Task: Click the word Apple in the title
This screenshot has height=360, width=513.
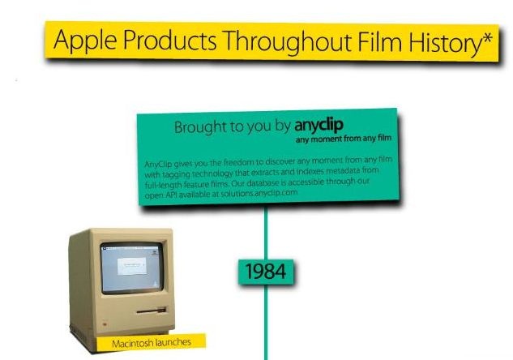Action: pyautogui.click(x=85, y=41)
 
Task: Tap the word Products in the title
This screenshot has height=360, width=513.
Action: pyautogui.click(x=170, y=41)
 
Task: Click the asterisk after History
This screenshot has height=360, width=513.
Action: pyautogui.click(x=487, y=38)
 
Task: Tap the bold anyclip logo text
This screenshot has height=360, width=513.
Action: pyautogui.click(x=319, y=126)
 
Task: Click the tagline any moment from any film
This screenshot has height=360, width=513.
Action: pyautogui.click(x=344, y=139)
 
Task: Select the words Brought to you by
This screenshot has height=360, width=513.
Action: pyautogui.click(x=233, y=127)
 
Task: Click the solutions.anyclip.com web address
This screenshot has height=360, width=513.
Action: pyautogui.click(x=259, y=193)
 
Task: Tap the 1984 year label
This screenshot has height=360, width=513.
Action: pyautogui.click(x=266, y=272)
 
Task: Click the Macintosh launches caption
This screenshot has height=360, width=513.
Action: pyautogui.click(x=152, y=343)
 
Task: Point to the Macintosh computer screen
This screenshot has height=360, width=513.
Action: pyautogui.click(x=132, y=268)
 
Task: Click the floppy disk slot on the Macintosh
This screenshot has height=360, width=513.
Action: pyautogui.click(x=152, y=311)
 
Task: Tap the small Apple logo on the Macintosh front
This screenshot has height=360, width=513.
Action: pyautogui.click(x=105, y=324)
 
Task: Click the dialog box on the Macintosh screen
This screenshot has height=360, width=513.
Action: pyautogui.click(x=132, y=266)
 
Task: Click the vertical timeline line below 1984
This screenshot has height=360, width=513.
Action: pyautogui.click(x=266, y=322)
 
